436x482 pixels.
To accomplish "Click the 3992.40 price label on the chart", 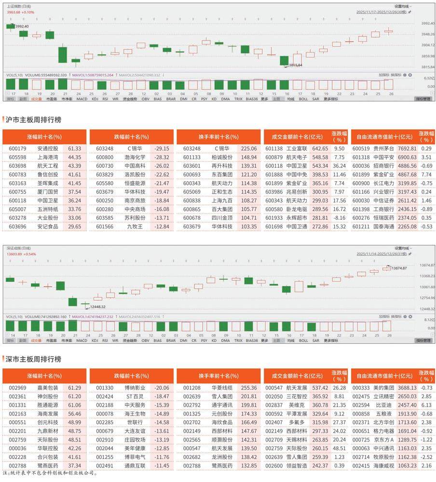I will [23, 26].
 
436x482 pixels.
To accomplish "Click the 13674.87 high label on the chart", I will [399, 268].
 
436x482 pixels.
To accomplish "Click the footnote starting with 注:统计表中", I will [51, 474].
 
